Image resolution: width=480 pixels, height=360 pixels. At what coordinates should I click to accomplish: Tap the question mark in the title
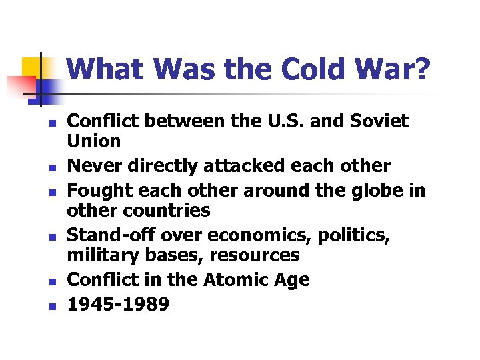tap(421, 70)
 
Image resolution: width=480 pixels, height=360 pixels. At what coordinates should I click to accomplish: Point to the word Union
tap(95, 141)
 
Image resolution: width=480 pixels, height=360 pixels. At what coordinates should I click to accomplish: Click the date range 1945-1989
tap(119, 303)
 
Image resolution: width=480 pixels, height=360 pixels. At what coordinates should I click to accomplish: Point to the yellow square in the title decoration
tap(33, 68)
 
